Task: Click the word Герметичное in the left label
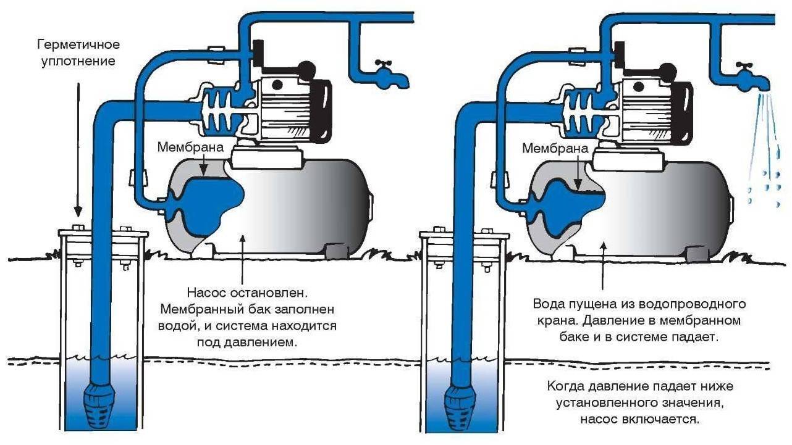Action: [77, 45]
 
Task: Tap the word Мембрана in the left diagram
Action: [182, 148]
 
